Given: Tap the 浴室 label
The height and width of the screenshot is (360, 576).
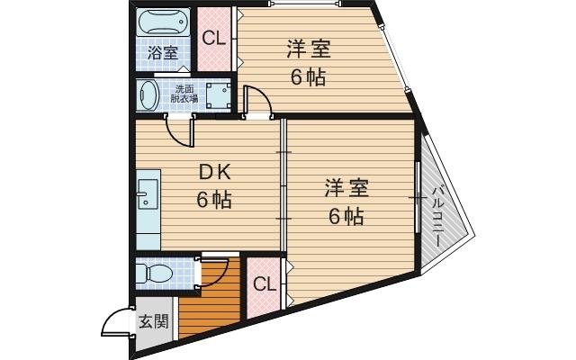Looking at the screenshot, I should coord(163,53).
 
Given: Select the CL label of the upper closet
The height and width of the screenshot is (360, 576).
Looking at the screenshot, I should coord(213,38).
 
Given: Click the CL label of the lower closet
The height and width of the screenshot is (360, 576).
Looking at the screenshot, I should coord(265,285).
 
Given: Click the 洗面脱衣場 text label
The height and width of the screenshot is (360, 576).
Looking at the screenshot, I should coord(184,94).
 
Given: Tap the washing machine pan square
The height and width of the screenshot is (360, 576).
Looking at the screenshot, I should coord(217,94).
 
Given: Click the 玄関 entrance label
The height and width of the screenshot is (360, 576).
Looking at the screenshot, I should coord(153,321).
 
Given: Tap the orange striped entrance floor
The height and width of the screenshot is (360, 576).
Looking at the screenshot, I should coord(211,301).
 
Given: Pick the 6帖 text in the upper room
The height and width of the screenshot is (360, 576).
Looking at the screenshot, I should coord(307,76).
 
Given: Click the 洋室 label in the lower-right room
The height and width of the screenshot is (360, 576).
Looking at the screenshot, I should coord(346,189).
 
